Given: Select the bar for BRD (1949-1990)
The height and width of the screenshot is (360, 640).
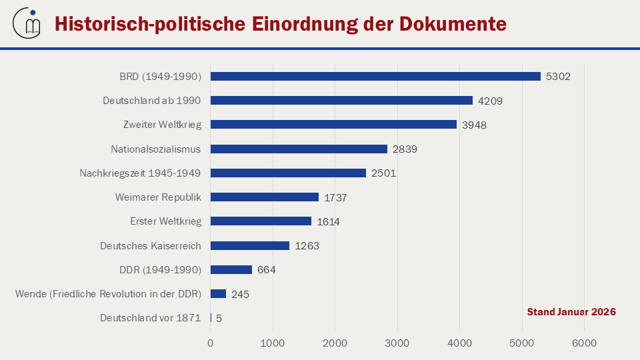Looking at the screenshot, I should click(375, 76).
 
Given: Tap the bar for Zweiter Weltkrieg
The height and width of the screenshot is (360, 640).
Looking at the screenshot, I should click(333, 125).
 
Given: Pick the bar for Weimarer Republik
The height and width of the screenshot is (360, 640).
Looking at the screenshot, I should click(265, 197).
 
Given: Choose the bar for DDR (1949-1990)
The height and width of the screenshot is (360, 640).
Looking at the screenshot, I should click(231, 270).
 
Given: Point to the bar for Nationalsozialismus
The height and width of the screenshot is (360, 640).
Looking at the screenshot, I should click(299, 149).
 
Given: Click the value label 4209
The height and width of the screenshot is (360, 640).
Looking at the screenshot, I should click(490, 101).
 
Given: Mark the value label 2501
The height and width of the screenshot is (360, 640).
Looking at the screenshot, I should click(383, 173).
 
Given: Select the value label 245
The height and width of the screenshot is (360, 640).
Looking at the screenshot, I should click(240, 294).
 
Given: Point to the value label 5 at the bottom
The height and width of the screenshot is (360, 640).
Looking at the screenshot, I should click(219, 319).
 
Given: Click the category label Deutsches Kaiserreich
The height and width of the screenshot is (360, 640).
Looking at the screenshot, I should click(151, 245).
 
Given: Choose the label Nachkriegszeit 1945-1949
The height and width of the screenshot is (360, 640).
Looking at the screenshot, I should click(140, 173).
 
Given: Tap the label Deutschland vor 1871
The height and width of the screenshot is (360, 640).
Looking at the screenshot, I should click(151, 318).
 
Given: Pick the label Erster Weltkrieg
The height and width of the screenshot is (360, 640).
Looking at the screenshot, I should click(165, 221).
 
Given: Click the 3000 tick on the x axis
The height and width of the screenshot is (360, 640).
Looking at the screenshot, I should click(397, 343).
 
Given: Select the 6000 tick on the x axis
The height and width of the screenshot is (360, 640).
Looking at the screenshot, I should click(584, 343).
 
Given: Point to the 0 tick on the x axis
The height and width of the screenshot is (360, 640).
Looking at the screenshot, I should click(211, 343).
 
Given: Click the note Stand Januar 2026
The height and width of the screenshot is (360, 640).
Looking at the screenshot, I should click(571, 312).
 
